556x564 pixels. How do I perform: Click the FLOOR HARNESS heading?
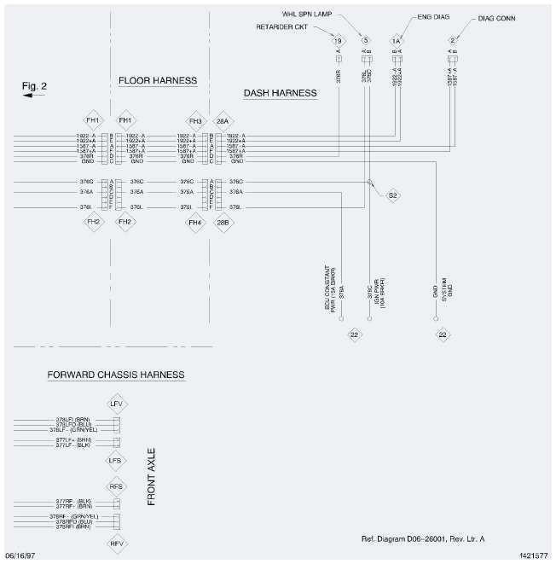coord(158,81)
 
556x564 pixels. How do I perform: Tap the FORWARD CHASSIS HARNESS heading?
coord(116,375)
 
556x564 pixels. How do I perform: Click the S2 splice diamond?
coord(393,195)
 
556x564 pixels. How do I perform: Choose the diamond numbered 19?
coord(338,40)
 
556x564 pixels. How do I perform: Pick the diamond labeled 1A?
coord(396,40)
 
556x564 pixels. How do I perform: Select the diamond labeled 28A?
coord(223,120)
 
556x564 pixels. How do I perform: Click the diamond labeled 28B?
coord(223,223)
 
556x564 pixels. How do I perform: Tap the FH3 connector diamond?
coord(194,120)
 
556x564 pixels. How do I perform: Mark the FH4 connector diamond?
coord(194,223)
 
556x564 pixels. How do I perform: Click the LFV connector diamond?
coord(117,403)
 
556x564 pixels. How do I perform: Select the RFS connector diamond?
coord(117,486)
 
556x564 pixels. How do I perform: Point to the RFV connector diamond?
coord(117,543)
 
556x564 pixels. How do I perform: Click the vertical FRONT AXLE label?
coord(152,480)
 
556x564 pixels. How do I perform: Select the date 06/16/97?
coord(20,555)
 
